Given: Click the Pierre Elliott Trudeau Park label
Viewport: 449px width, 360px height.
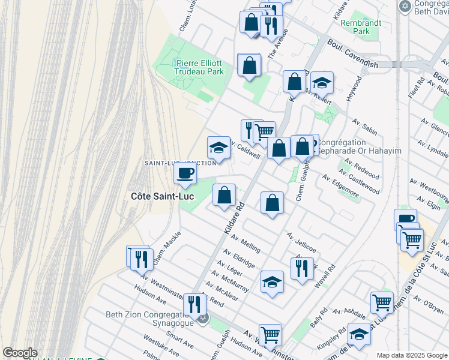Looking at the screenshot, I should coord(199,67).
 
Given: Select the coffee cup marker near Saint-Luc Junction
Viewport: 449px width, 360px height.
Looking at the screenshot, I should coord(185,173).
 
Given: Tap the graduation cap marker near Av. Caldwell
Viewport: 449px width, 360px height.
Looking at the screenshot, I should coord(218,148).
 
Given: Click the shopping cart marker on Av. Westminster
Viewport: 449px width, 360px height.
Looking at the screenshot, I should coord(270,334).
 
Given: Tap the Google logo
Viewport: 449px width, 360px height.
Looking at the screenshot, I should coord(20,353).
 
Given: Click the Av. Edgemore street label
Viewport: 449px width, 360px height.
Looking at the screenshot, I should coord(340,187).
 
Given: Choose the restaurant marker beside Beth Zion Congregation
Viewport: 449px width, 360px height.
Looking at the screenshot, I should coord(194,304).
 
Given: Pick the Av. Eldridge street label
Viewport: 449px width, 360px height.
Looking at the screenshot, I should coord(240,259).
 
